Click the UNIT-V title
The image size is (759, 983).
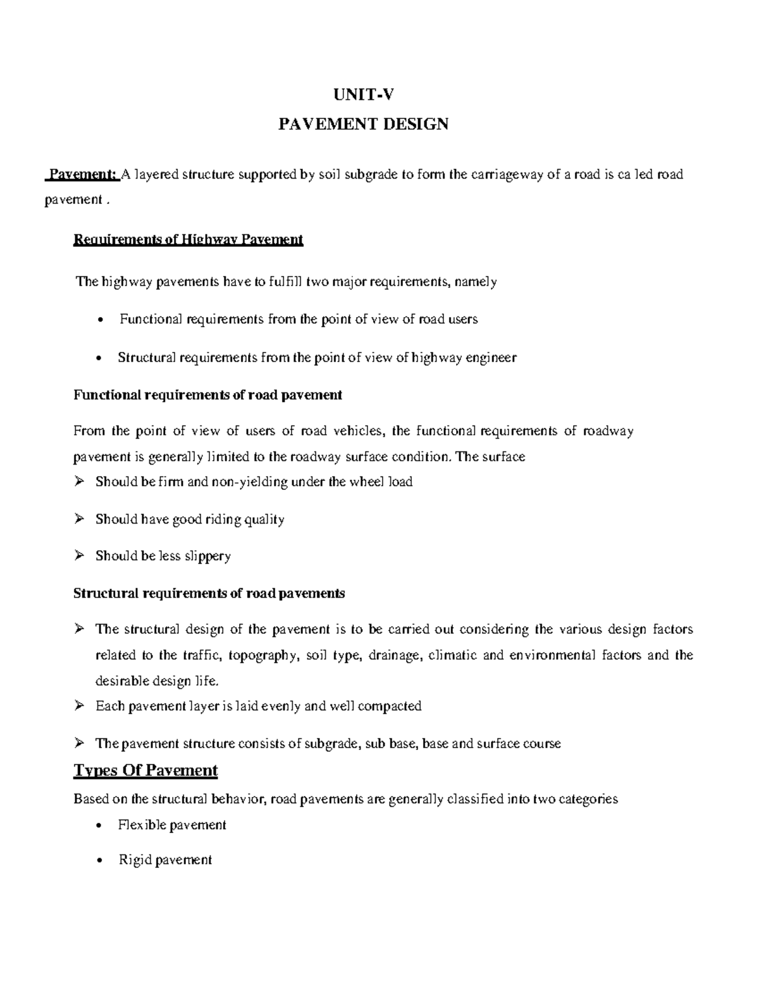[364, 95]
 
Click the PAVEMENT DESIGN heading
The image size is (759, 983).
[364, 123]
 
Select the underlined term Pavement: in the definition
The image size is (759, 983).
[83, 175]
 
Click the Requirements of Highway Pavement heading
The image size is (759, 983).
[188, 240]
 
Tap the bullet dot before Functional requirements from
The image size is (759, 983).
[101, 320]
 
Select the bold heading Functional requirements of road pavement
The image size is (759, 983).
[207, 395]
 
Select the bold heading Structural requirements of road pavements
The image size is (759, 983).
[209, 594]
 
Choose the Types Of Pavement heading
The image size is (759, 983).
[145, 770]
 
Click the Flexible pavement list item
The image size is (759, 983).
[172, 825]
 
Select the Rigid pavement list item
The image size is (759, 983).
[165, 860]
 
